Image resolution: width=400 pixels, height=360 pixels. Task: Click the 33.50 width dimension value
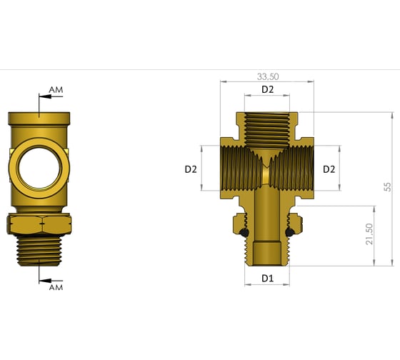point(267,76)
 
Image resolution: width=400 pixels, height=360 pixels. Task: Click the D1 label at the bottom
point(267,277)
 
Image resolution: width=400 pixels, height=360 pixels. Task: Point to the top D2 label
point(267,89)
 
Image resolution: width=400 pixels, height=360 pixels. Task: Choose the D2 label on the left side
point(191,169)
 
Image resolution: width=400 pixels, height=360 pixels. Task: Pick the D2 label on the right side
point(329,169)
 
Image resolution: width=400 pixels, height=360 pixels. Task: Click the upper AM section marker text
point(56,90)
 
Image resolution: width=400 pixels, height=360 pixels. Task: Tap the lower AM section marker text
point(56,287)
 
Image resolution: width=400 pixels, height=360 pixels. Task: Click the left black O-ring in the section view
point(244,234)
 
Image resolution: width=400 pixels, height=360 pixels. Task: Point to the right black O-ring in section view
point(290,234)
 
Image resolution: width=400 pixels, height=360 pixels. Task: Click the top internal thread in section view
point(267,129)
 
